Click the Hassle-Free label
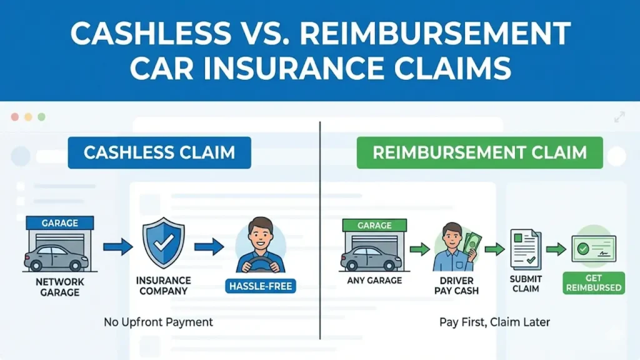click(259, 287)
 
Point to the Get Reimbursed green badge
click(593, 283)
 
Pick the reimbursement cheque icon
click(593, 248)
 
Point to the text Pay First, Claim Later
click(486, 322)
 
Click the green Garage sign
click(374, 225)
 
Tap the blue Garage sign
click(60, 222)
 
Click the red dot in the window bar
click(15, 117)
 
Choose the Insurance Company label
click(163, 286)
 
